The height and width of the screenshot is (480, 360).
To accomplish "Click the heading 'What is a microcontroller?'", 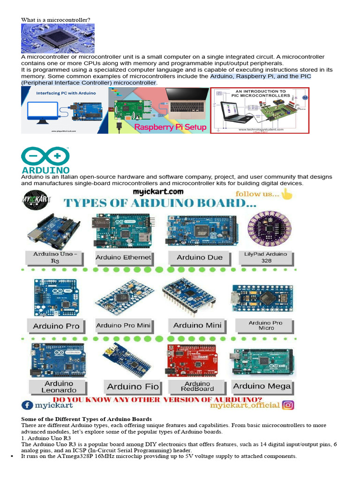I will pos(56,20).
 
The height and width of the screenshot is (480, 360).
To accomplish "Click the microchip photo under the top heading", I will pos(58,38).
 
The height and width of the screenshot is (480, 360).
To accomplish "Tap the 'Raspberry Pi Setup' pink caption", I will pos(170,127).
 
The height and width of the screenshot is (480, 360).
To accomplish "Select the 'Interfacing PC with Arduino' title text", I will pos(66,93).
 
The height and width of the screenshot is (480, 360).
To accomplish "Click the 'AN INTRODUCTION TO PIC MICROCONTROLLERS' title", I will pos(260,93).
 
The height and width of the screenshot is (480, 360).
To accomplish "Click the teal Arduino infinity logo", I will pos(45,155).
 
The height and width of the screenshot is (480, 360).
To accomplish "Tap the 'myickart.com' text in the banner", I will pos(158,192).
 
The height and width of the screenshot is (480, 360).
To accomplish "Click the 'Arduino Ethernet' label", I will pos(123,257).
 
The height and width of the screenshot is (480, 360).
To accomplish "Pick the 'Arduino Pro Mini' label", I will pos(123,325).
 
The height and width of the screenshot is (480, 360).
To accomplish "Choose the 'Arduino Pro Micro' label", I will pos(265,325).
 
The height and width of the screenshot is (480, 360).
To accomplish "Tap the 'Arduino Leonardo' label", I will pos(59,387).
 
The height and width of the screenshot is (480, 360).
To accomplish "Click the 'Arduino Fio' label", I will pos(133,387).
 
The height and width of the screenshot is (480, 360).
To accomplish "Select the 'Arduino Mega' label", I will pos(262,386).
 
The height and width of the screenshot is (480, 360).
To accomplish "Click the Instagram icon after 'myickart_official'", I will pos(288,405).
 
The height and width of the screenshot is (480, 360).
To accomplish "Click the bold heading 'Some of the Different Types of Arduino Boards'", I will pos(87,419).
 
